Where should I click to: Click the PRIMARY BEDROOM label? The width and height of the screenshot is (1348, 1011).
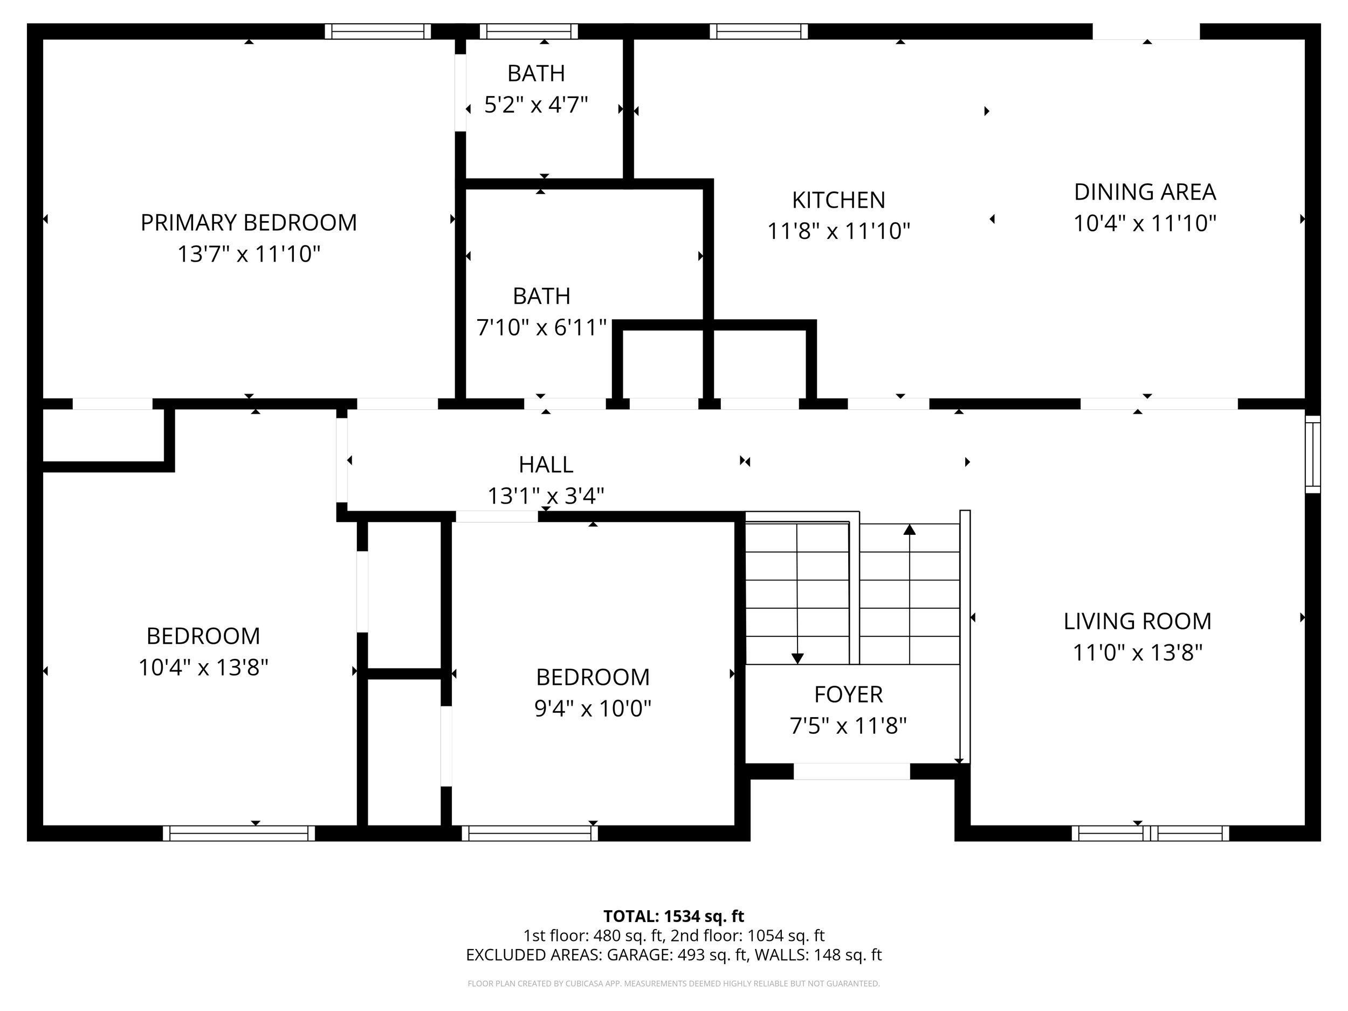[x=249, y=223]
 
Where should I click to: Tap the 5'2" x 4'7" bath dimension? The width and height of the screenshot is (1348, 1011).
[x=535, y=105]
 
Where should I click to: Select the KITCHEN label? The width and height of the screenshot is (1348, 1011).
[x=838, y=200]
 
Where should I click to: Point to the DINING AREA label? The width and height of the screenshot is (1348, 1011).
[x=1145, y=192]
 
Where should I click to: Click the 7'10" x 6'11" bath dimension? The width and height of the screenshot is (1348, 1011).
[x=541, y=328]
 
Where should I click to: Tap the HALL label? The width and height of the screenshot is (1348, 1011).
[x=546, y=464]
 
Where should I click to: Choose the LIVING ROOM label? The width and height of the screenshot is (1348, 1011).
[x=1137, y=621]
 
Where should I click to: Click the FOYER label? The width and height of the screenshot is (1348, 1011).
[x=848, y=694]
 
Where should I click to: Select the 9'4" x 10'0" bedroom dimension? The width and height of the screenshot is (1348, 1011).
[x=593, y=709]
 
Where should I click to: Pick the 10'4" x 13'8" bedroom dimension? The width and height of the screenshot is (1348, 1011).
[x=203, y=668]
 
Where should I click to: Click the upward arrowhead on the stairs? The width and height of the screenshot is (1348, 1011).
[x=909, y=529]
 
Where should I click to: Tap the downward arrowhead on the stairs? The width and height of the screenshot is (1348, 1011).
[x=797, y=658]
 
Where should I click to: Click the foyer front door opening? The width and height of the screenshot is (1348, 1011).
[x=851, y=771]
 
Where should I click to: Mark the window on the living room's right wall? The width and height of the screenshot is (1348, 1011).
[x=1312, y=454]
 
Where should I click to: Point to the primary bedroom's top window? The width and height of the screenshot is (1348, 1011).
[x=377, y=31]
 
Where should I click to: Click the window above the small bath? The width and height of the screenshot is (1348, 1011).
[x=528, y=31]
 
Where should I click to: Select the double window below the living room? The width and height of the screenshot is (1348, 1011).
[x=1150, y=833]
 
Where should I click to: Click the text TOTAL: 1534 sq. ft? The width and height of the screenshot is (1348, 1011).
[x=673, y=916]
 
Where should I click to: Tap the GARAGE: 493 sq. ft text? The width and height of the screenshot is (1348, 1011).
[x=677, y=954]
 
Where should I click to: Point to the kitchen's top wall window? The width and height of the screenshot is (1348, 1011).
[x=759, y=31]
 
